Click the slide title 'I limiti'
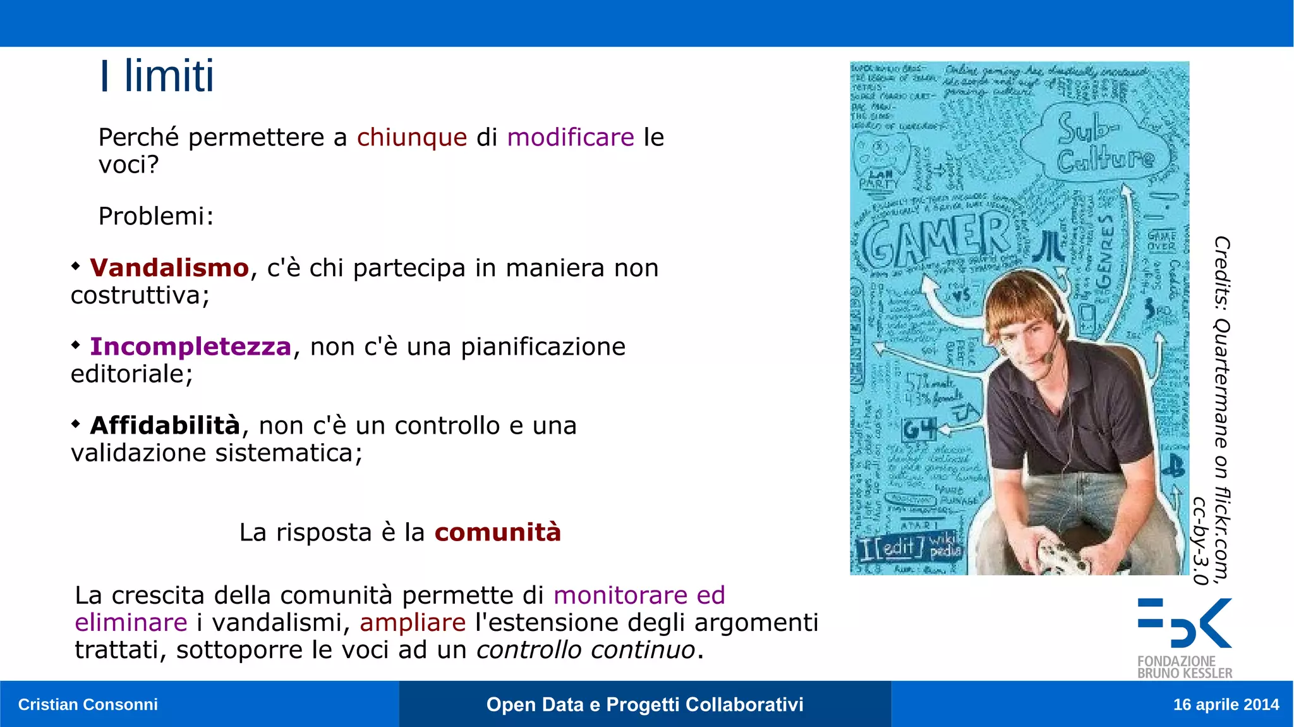point(157,76)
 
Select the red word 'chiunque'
point(411,138)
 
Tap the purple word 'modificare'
point(570,137)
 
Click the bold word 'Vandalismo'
point(169,268)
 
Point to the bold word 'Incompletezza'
point(190,347)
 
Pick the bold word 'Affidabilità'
point(165,425)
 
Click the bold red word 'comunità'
point(497,532)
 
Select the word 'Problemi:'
point(156,216)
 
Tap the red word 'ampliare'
point(413,623)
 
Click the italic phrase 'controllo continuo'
point(585,650)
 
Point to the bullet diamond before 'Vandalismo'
point(76,266)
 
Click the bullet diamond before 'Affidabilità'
point(76,424)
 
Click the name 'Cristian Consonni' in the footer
point(88,704)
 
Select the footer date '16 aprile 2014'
point(1226,704)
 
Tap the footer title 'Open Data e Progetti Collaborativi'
point(644,704)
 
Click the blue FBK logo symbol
point(1184,623)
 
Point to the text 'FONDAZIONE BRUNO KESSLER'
point(1184,668)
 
